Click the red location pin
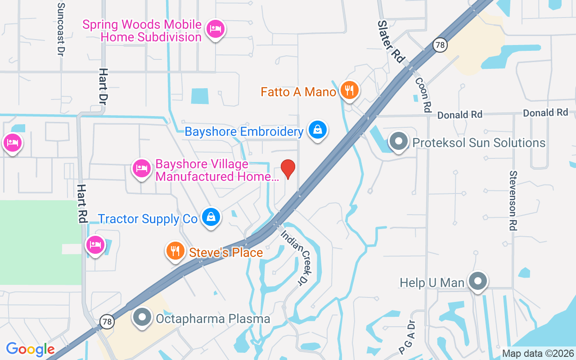(288, 169)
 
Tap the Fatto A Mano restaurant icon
(349, 90)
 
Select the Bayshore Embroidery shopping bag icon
(318, 130)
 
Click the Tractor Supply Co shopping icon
(211, 217)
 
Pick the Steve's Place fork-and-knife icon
(175, 251)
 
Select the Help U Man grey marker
(477, 281)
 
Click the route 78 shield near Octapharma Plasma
(107, 322)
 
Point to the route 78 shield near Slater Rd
(440, 45)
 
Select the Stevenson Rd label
(513, 200)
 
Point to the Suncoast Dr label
(61, 29)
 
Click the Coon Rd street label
(423, 94)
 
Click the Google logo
(30, 349)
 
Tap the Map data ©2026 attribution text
(538, 353)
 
